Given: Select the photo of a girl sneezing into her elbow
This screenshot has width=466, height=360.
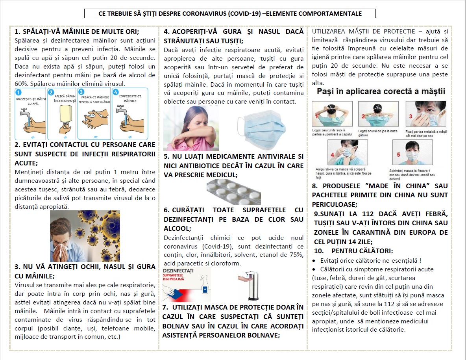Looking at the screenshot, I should pyautogui.click(x=191, y=128).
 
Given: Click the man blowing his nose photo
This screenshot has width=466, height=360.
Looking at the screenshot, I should pyautogui.click(x=85, y=236).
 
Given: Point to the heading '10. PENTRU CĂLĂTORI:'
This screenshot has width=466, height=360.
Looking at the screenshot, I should pyautogui.click(x=353, y=251).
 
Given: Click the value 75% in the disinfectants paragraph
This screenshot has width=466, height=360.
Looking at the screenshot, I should pyautogui.click(x=296, y=255).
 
